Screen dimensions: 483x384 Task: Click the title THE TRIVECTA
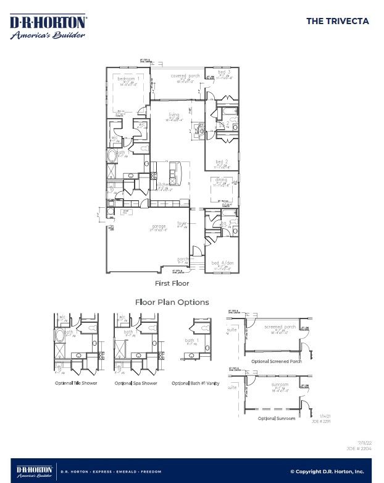(x=337, y=21)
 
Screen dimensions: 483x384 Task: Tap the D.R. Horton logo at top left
(x=48, y=27)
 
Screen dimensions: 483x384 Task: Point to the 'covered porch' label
(x=185, y=76)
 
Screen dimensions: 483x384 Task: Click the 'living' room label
(x=174, y=115)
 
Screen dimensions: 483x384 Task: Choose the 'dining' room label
(x=221, y=180)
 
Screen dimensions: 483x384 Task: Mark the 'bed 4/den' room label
(x=221, y=263)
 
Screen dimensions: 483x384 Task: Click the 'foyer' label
(x=182, y=223)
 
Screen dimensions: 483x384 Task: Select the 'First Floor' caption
(x=172, y=283)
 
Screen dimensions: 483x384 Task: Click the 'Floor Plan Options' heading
(x=172, y=302)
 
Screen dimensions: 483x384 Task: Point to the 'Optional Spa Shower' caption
(x=136, y=383)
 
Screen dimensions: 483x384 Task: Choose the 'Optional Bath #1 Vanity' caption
(x=195, y=383)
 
